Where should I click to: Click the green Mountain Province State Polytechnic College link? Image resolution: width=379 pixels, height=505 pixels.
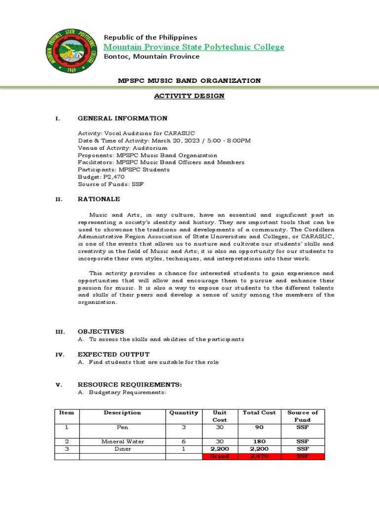[194, 47]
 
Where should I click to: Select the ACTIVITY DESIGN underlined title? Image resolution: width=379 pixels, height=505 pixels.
[189, 96]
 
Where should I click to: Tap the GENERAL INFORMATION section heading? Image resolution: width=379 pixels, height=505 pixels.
[122, 118]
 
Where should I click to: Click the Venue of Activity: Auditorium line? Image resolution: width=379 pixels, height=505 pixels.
[122, 148]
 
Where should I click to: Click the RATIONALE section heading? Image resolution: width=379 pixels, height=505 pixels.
[99, 199]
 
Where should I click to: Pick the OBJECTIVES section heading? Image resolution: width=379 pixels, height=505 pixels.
[101, 331]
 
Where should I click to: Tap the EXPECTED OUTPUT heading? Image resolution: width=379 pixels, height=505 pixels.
[114, 354]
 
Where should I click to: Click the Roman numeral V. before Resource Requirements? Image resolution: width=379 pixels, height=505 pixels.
[58, 385]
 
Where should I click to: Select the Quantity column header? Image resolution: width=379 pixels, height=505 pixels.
[184, 413]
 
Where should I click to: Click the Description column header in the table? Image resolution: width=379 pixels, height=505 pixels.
[122, 413]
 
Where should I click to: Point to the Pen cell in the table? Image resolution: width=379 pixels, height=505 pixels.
[122, 427]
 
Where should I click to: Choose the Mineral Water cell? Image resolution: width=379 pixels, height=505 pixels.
[122, 441]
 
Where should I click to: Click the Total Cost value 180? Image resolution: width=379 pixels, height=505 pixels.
[260, 441]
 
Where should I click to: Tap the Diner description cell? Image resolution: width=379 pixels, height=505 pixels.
[122, 449]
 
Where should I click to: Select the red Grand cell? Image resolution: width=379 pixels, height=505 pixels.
[220, 457]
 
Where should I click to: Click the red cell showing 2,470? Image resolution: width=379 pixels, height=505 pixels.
[260, 457]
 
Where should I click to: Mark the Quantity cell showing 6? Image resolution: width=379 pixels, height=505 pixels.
[184, 441]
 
